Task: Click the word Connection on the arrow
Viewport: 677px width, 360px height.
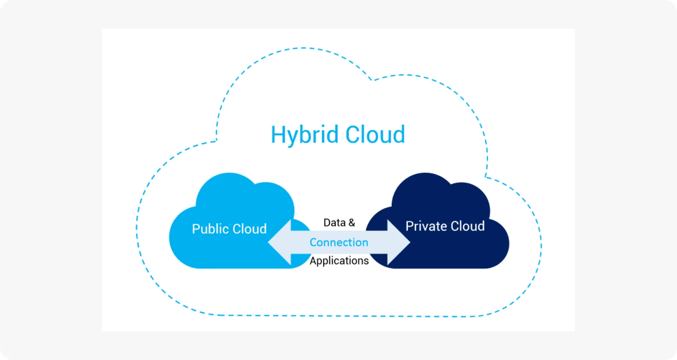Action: point(339,242)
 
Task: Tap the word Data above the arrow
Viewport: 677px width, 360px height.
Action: point(334,222)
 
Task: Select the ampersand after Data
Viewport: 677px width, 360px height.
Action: point(352,222)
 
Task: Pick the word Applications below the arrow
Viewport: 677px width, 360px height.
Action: point(339,261)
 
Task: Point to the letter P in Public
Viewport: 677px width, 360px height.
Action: point(196,229)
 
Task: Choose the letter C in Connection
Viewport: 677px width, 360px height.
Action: point(313,242)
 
